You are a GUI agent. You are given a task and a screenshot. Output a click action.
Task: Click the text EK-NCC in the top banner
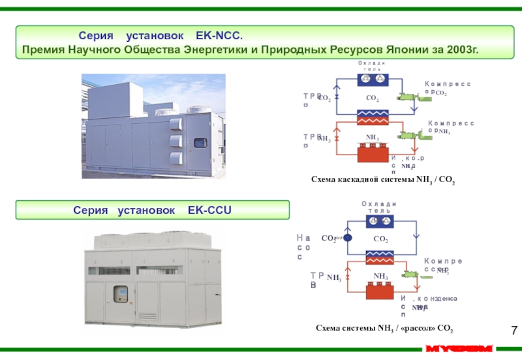pos(218,34)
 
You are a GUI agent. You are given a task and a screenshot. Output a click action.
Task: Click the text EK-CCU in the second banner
pos(209,211)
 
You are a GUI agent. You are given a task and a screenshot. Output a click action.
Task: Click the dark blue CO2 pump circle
pos(347,239)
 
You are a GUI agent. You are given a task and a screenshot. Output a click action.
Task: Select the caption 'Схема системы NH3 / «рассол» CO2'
pos(384,328)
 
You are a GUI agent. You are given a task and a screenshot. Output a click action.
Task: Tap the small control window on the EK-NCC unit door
pos(201,142)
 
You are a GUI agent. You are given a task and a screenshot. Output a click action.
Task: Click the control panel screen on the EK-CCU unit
pos(121,293)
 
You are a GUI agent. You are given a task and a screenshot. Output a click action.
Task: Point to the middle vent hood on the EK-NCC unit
pos(174,141)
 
